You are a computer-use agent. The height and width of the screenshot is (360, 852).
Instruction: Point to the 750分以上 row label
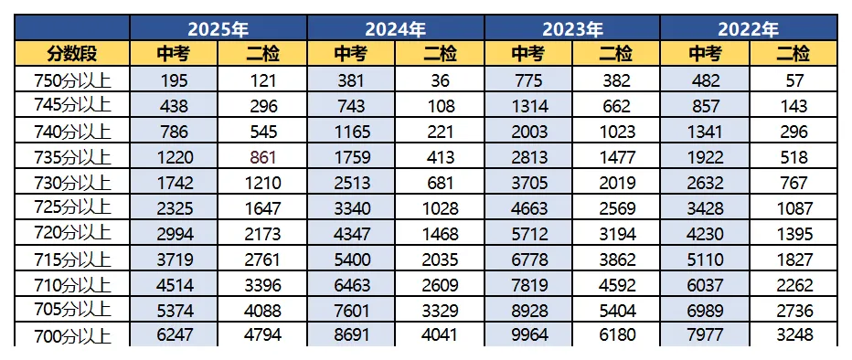pos(72,81)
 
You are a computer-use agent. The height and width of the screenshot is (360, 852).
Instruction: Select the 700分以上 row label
pos(72,334)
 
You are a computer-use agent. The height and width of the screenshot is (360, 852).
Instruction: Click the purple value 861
pos(262,157)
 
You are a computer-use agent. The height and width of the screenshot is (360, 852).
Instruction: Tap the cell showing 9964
pos(528,334)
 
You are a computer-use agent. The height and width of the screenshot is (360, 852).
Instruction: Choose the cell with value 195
pos(174,81)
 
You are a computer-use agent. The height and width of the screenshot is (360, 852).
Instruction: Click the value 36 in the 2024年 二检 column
pos(440,81)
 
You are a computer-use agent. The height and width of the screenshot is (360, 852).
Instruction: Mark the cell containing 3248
pos(793,334)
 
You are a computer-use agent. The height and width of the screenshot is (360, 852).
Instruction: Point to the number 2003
pos(528,132)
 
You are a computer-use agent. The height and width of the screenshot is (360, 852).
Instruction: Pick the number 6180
pos(617,334)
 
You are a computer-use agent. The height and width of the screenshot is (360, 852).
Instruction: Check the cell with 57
pos(793,81)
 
